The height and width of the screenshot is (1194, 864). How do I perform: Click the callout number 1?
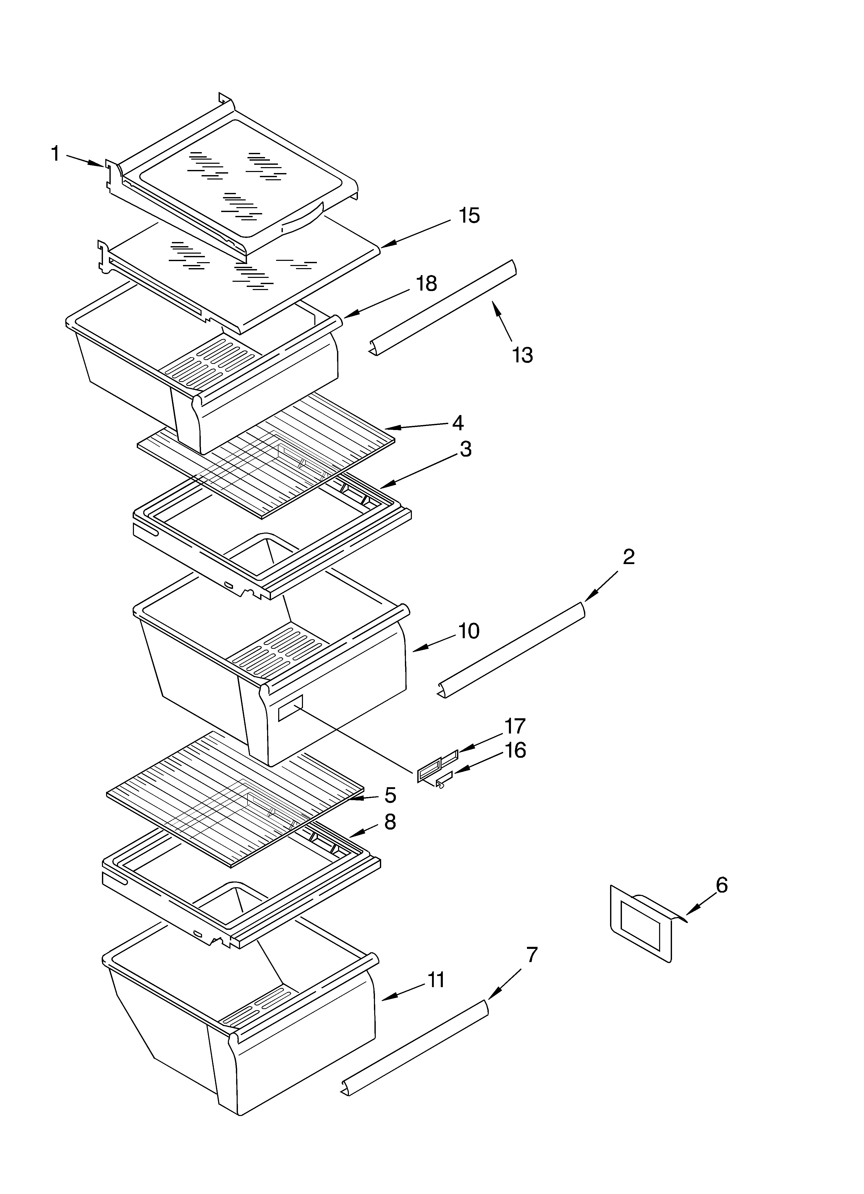click(55, 154)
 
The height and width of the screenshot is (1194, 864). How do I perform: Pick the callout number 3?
click(465, 449)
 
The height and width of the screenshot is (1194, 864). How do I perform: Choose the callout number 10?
click(468, 631)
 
